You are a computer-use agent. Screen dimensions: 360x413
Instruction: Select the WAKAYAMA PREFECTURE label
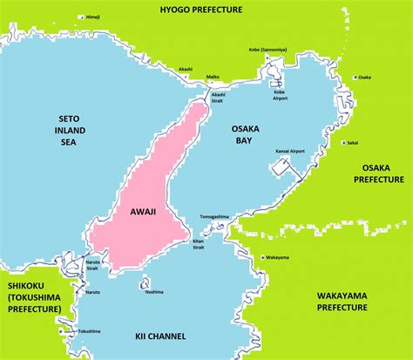342,302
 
